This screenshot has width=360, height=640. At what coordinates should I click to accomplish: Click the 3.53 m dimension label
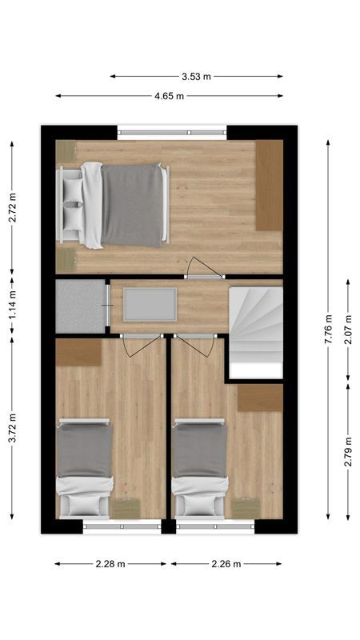coord(196,77)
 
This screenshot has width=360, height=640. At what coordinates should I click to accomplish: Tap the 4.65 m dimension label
coord(169,96)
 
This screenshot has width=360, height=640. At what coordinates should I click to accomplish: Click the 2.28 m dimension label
coord(110,564)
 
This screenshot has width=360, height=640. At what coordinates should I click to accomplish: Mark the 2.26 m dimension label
coord(226,564)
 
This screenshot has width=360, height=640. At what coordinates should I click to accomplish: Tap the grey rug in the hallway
coord(150,305)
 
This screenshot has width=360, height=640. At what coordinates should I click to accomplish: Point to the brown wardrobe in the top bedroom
coord(269,185)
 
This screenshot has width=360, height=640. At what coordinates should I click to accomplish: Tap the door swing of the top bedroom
coord(201,267)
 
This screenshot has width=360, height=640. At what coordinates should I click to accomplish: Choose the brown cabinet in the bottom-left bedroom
coord(78,351)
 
